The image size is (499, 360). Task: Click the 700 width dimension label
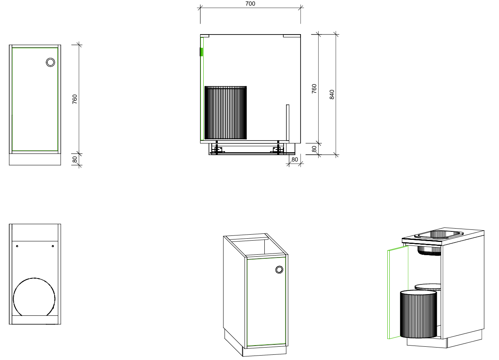(x=250, y=4)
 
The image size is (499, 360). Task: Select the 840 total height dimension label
(x=332, y=94)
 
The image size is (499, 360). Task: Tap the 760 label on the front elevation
(x=75, y=99)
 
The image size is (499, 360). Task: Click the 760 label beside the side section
(x=314, y=89)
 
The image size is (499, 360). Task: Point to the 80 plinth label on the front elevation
(x=75, y=160)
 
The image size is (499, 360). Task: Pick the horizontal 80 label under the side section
(x=294, y=160)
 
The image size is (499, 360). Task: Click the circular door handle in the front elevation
(x=50, y=62)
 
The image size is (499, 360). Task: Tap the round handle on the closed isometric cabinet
(x=279, y=270)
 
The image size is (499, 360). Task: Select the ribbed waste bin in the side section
(x=225, y=112)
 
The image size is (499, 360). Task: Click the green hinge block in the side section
(x=201, y=52)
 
